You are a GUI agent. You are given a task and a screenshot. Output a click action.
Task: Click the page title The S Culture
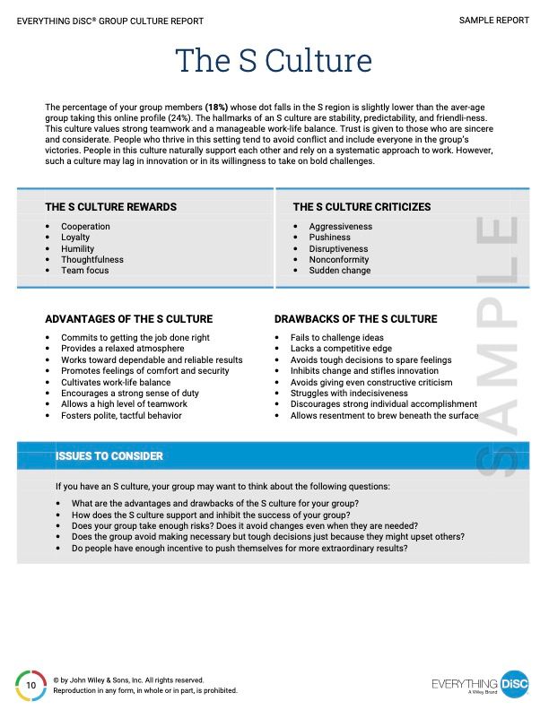point(274,61)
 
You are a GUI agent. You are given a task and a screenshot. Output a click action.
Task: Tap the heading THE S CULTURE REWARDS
point(110,207)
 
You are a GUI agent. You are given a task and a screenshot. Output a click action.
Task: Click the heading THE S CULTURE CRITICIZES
point(362,207)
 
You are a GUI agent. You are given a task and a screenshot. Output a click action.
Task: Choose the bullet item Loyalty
point(75,238)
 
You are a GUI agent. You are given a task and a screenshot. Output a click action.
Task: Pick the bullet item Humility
point(77,248)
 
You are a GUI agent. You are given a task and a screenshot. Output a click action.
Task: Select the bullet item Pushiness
point(328,238)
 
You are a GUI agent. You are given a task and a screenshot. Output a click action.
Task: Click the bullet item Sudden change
point(339,270)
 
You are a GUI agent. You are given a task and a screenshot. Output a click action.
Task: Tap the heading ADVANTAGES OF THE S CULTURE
point(128,319)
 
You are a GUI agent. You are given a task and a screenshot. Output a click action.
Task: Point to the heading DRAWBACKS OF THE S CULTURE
point(355,319)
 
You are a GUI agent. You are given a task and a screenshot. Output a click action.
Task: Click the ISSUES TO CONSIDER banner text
point(109,456)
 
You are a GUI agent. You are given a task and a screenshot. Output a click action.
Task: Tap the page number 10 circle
point(30,685)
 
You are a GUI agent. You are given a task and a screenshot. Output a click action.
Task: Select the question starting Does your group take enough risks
point(244,526)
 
